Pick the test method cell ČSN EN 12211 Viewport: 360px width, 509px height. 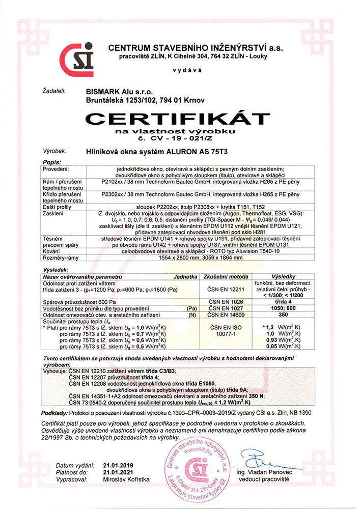tap(226, 290)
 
